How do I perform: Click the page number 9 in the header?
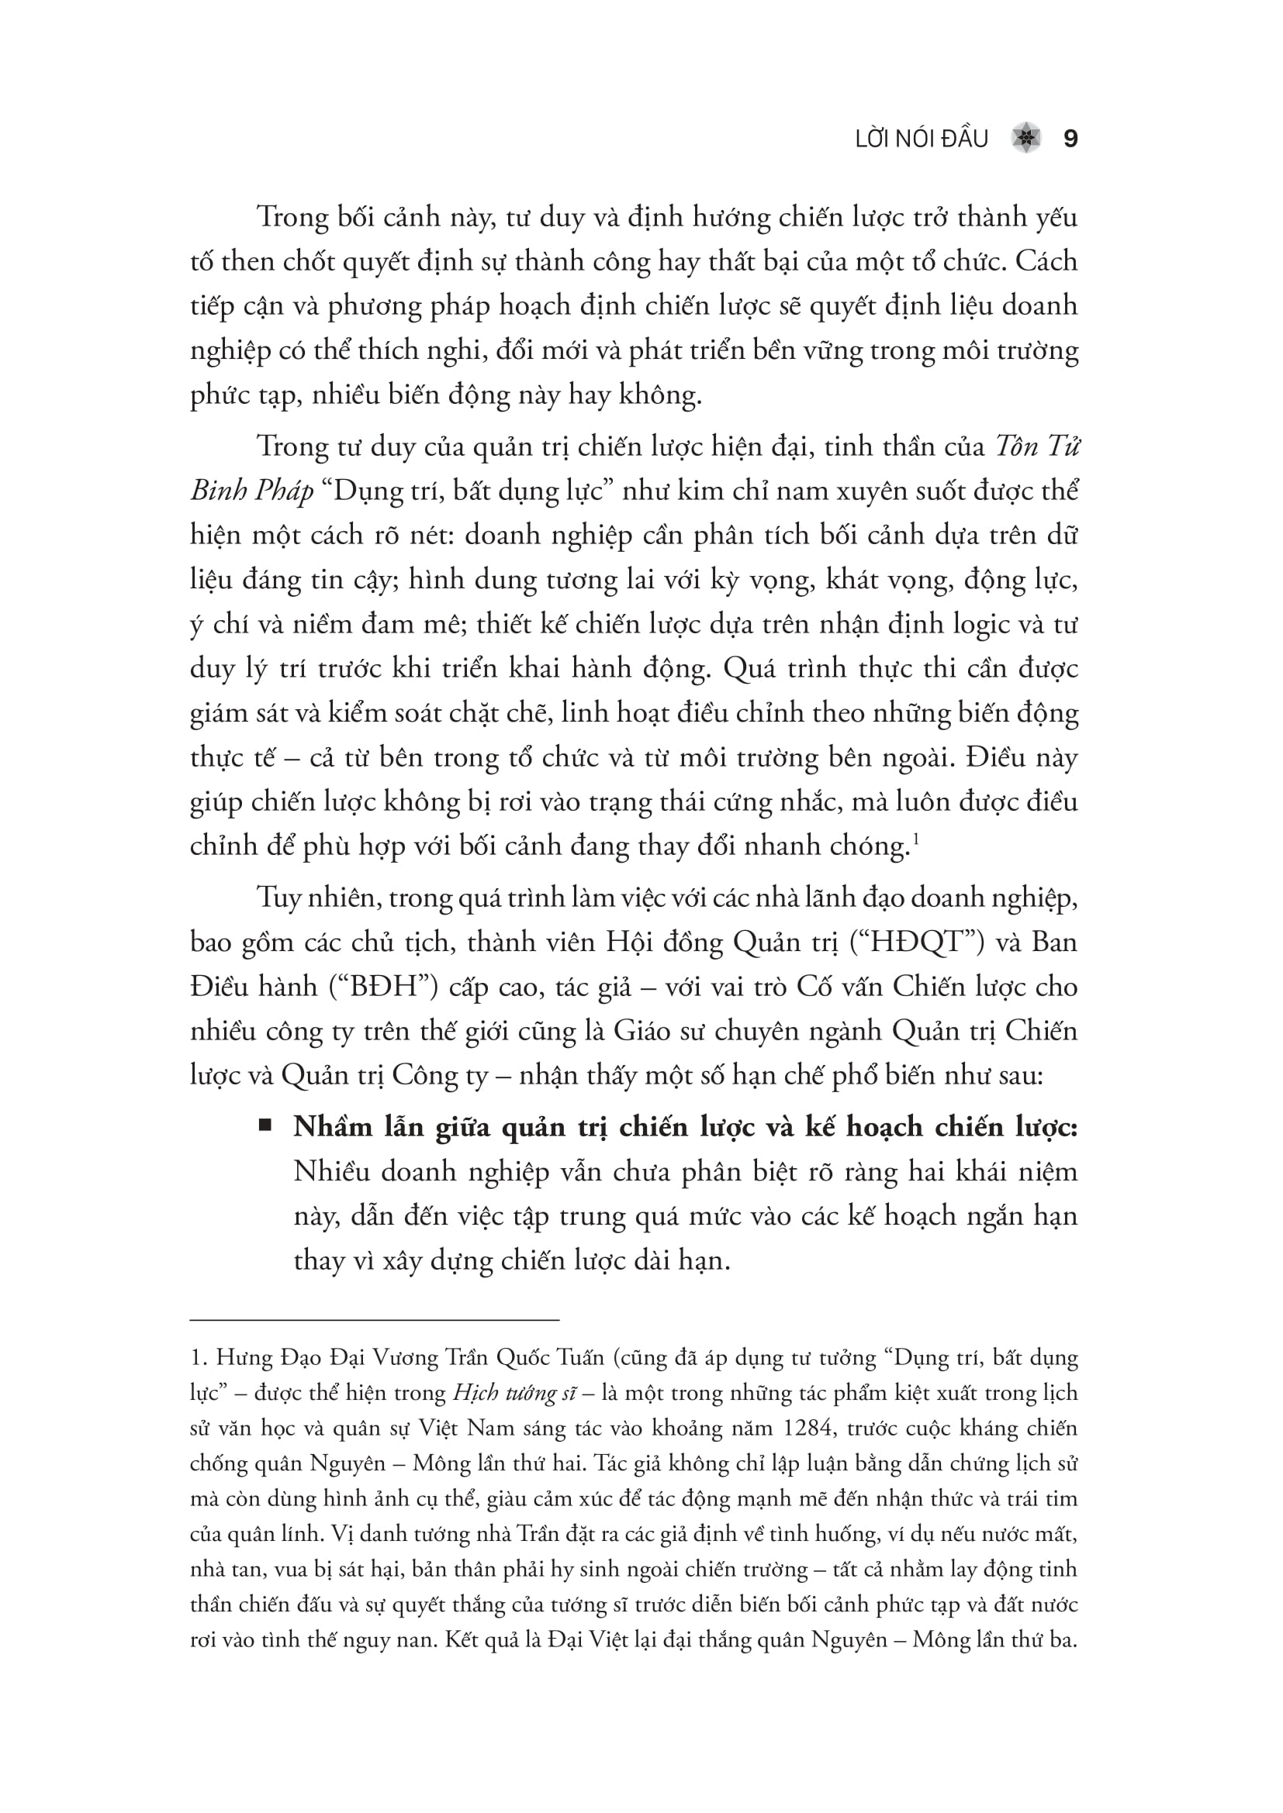click(1070, 139)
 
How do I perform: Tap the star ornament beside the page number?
click(1026, 139)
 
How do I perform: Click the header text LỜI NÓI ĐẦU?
click(922, 140)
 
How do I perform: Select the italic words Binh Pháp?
click(252, 492)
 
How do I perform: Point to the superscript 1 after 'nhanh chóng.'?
click(915, 839)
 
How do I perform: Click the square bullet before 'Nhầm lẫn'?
click(265, 1125)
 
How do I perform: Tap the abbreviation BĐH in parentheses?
click(382, 987)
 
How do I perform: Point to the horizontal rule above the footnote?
click(375, 1319)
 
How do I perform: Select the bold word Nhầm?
click(333, 1127)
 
